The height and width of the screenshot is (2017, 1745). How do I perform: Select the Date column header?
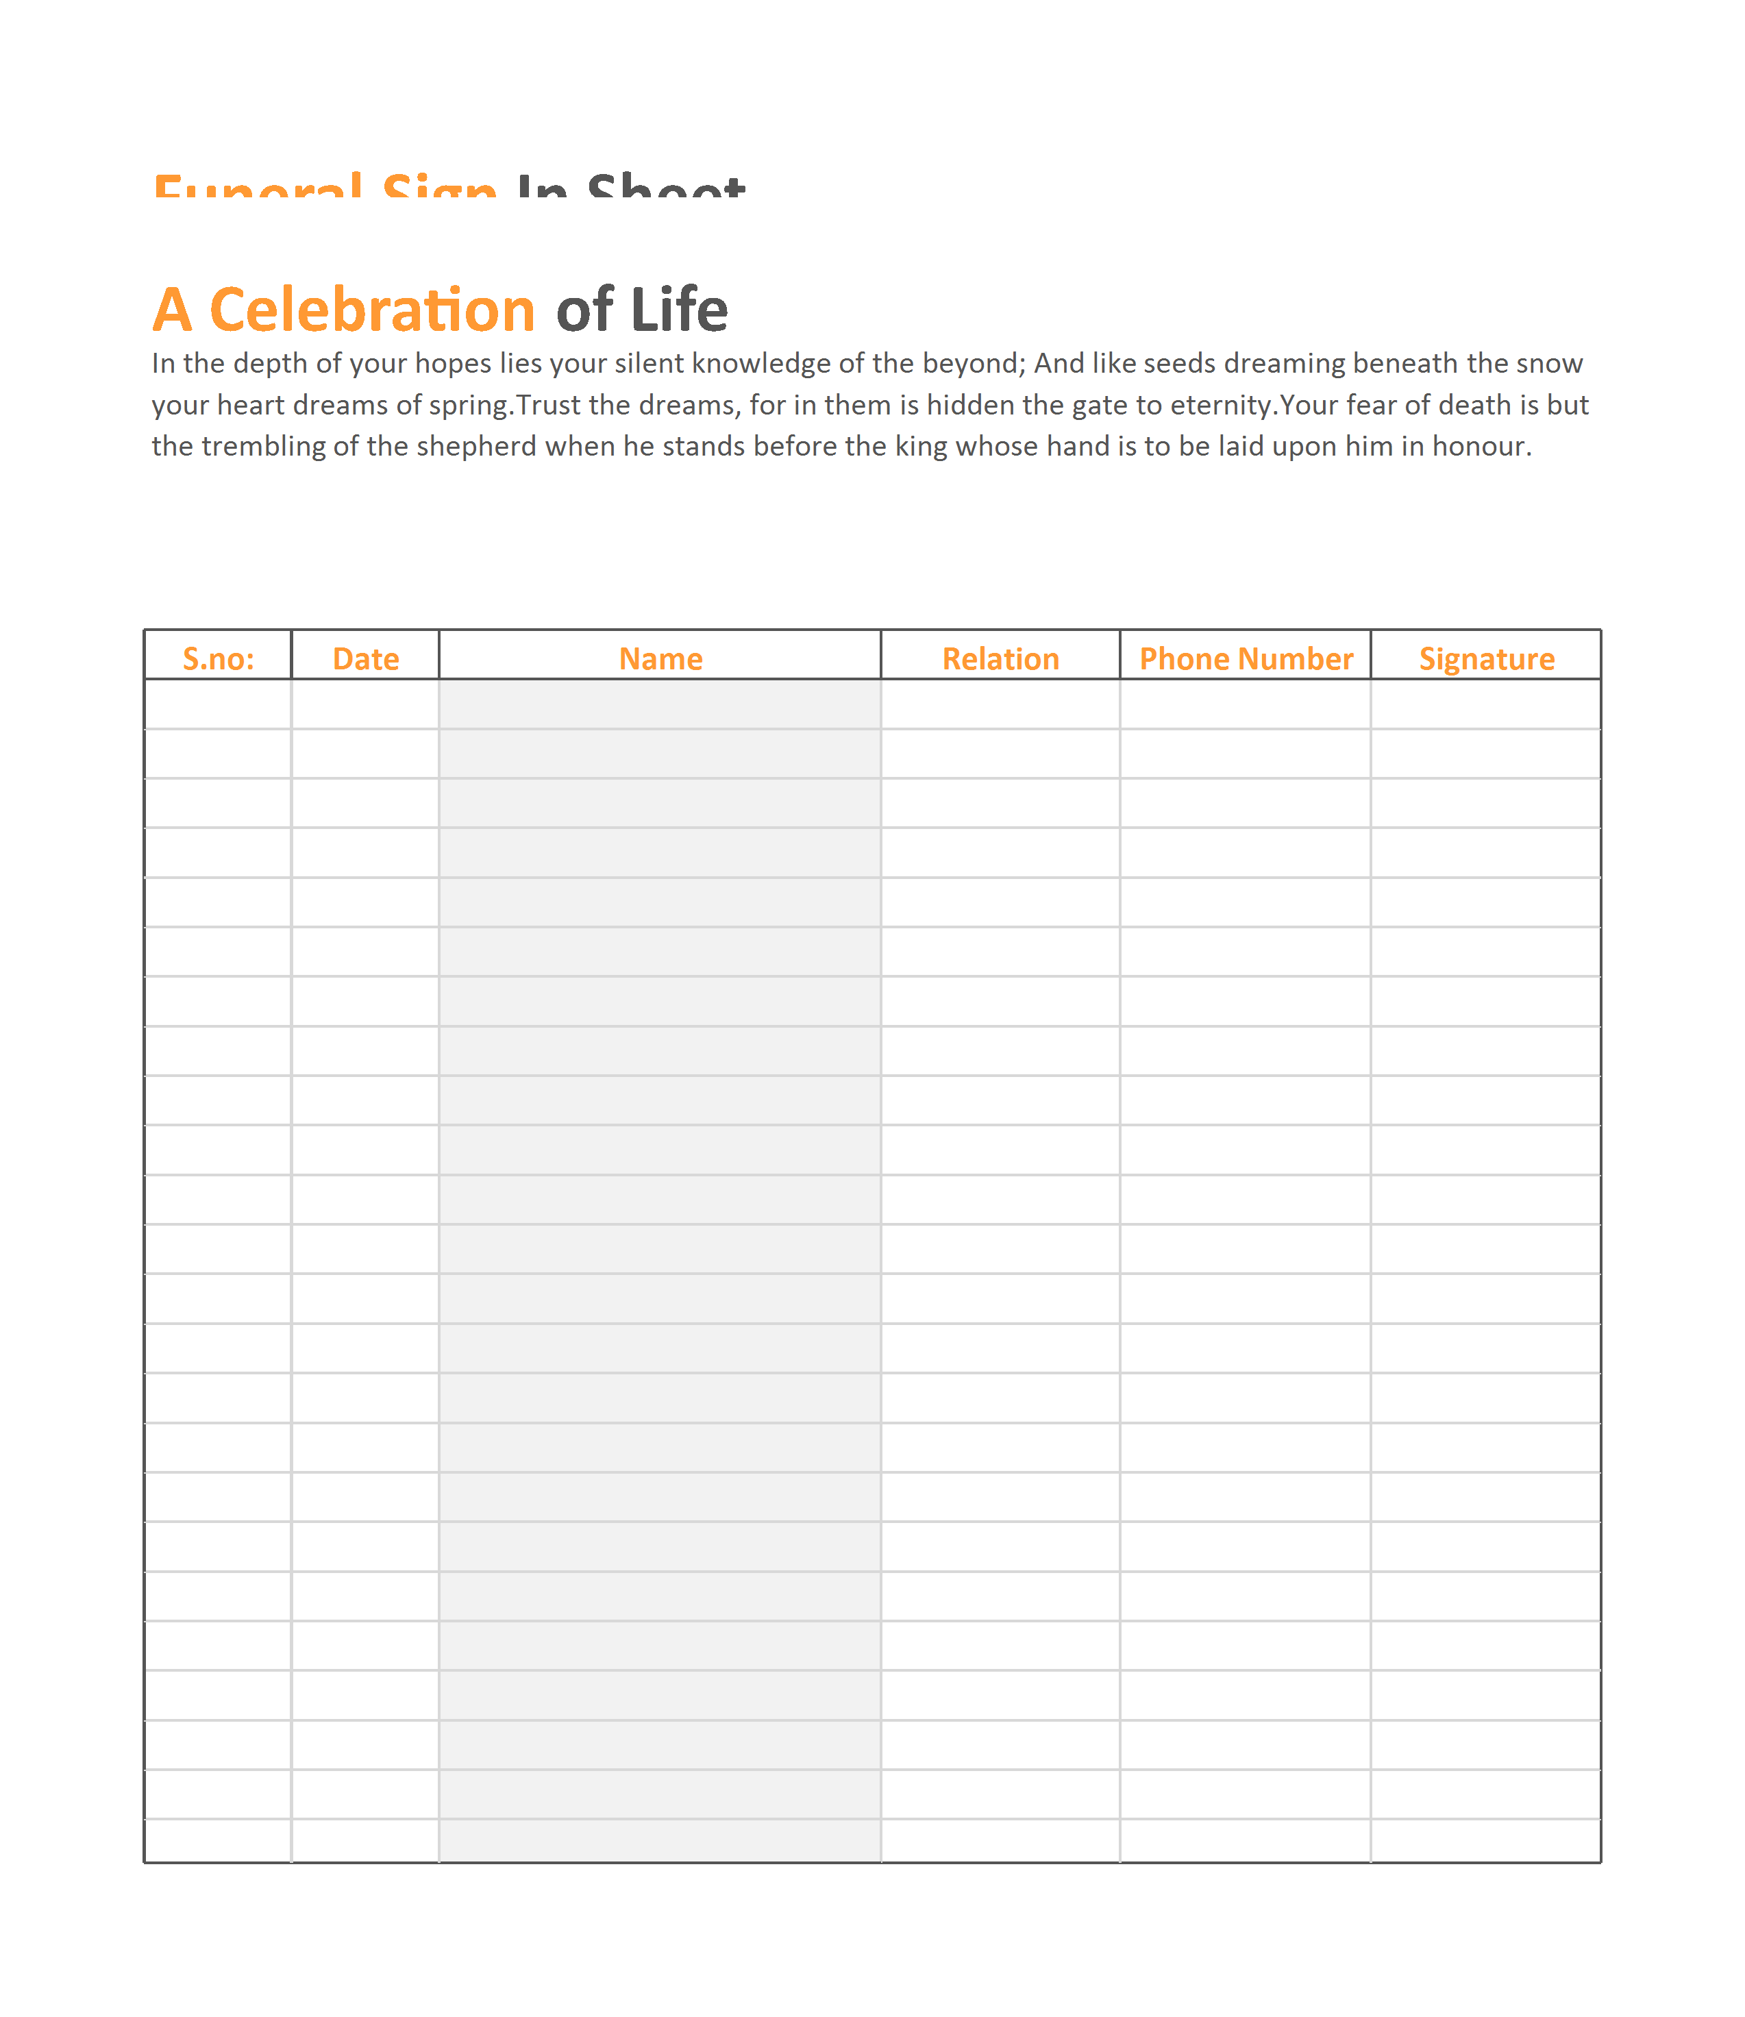pos(365,658)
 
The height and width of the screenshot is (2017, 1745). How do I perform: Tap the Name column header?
pos(660,658)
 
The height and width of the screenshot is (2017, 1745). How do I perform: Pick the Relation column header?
pos(1000,658)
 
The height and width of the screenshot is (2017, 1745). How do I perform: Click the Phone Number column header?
pos(1246,658)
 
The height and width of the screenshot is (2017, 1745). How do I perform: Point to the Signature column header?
pos(1486,658)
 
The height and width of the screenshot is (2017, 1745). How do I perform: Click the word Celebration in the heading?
pos(372,310)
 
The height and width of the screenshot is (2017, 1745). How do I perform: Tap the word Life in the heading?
pos(679,310)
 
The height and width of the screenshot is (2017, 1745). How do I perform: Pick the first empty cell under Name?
pos(660,704)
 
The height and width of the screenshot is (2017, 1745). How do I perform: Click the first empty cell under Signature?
pos(1486,704)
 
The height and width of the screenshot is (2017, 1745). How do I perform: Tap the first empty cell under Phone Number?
pos(1246,704)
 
